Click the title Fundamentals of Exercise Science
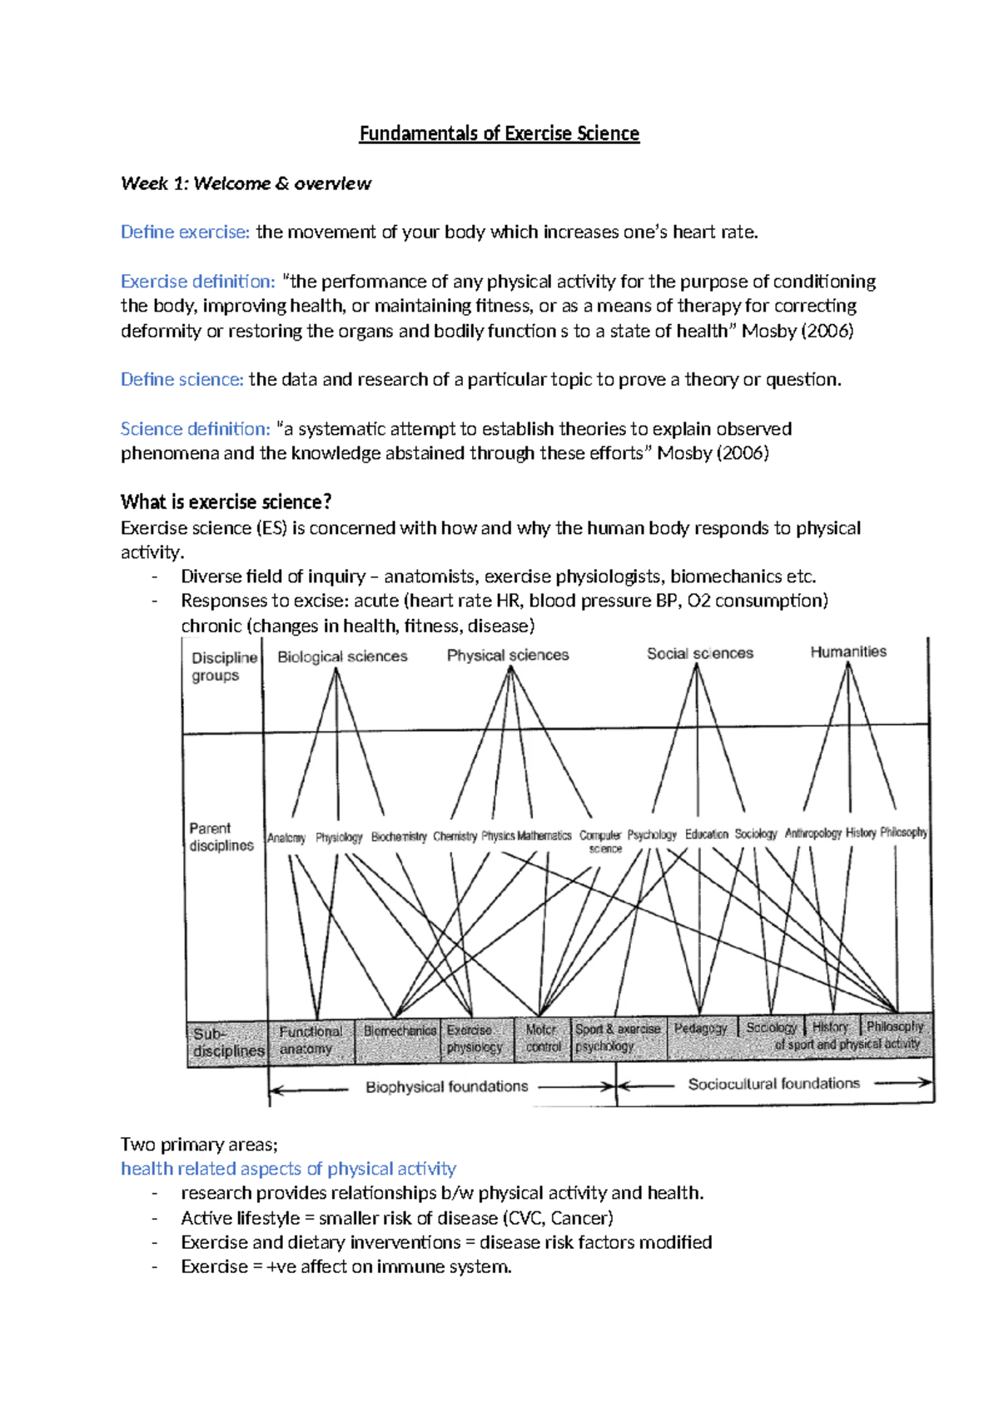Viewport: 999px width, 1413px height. pos(499,133)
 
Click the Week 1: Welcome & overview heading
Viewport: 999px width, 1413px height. pos(246,183)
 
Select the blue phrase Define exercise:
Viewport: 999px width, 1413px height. pos(185,232)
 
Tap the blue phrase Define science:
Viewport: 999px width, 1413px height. pos(181,380)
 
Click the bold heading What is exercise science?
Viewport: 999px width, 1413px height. pos(226,502)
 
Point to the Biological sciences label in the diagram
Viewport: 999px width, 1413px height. pos(342,657)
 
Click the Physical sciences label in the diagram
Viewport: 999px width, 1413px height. pos(508,655)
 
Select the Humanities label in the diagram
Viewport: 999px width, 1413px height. pos(848,652)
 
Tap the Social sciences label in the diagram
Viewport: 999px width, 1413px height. pos(700,653)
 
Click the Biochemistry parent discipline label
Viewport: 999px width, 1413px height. pos(399,836)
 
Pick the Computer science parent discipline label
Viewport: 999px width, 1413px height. pos(601,841)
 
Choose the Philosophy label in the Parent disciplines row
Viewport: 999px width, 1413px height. pos(903,832)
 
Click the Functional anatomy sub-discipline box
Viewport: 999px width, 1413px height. pos(310,1041)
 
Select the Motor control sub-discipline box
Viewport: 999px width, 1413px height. pos(543,1038)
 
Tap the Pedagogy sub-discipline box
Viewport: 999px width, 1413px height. pos(700,1029)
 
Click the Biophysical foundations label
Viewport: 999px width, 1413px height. pos(447,1086)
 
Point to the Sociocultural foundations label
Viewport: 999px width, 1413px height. pos(773,1083)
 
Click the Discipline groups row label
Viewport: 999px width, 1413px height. pos(223,667)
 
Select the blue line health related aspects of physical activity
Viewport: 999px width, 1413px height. pos(288,1169)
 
